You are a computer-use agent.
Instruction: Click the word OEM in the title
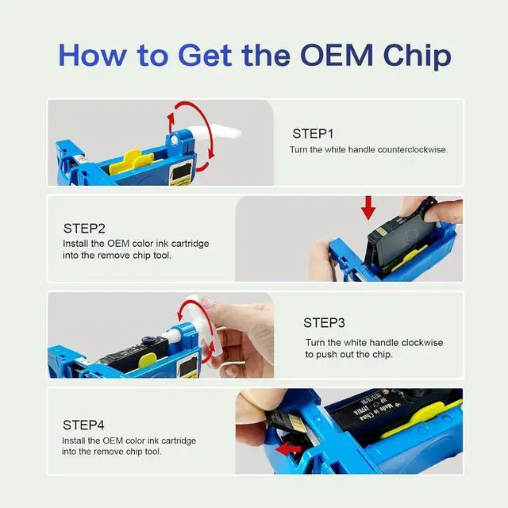tap(337, 55)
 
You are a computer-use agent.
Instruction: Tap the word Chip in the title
tap(418, 56)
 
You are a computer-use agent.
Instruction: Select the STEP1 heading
tap(313, 134)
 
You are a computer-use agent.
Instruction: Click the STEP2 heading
tap(84, 229)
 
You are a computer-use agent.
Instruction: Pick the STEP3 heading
tap(324, 323)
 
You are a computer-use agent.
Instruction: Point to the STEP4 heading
tap(83, 425)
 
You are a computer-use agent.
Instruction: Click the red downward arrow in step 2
tap(368, 208)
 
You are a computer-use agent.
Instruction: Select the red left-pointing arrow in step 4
tap(288, 449)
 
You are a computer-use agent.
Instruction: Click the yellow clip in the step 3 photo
tap(148, 360)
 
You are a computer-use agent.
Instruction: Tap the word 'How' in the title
tap(92, 55)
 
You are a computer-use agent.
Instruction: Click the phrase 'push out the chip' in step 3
tap(354, 355)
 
